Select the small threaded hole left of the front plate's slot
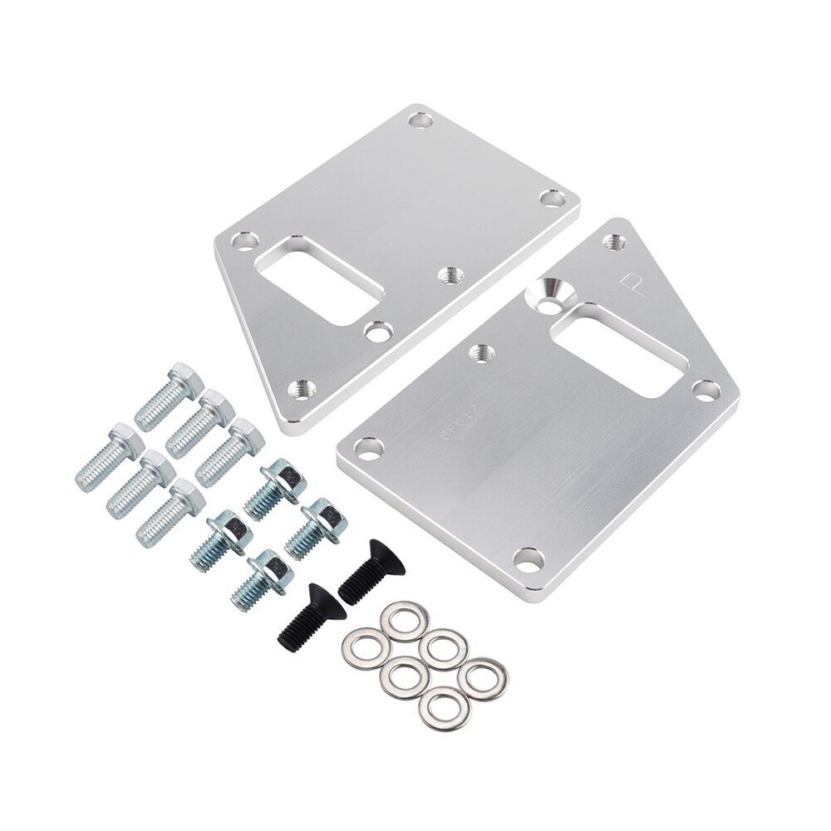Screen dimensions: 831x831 [x=479, y=352]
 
